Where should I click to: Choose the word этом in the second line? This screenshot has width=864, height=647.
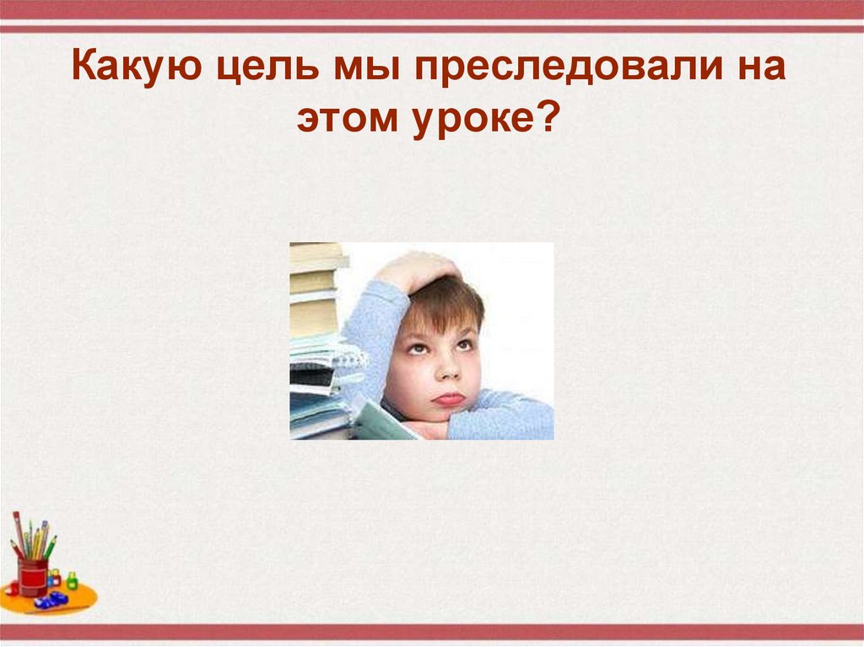(x=345, y=120)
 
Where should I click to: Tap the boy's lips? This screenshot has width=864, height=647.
(x=449, y=398)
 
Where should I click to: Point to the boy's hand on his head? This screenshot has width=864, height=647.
(x=418, y=270)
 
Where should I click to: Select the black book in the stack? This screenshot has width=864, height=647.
(x=311, y=379)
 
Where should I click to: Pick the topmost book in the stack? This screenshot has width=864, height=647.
(x=316, y=250)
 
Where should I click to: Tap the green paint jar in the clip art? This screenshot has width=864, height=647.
(x=72, y=580)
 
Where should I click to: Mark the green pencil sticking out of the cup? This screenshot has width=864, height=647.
(x=51, y=547)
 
